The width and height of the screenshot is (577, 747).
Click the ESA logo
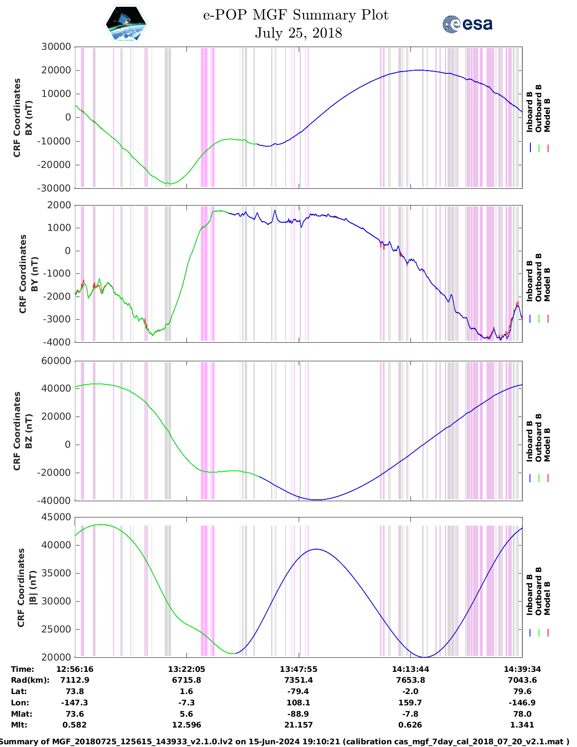point(467,24)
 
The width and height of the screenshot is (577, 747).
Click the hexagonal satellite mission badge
point(126,24)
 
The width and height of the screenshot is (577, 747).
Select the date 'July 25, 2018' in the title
point(298,33)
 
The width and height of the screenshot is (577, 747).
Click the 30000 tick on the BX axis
point(56,47)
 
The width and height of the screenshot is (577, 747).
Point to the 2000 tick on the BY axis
point(59,205)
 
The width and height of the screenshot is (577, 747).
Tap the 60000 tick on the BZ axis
point(56,361)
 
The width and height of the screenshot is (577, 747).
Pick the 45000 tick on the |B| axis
point(56,517)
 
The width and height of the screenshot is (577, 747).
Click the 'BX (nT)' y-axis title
point(29,118)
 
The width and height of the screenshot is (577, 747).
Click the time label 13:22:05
point(186,669)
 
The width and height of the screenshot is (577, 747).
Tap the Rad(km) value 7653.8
point(410,680)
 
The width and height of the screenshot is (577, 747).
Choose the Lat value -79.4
point(298,691)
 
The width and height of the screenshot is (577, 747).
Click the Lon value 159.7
point(410,703)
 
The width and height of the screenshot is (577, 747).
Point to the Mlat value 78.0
point(522,714)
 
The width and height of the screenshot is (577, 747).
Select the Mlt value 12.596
point(186,725)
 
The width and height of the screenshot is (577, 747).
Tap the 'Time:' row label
point(23,669)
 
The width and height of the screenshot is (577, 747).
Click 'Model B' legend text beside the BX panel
point(547,115)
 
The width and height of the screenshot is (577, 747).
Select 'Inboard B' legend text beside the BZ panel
point(529,441)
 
